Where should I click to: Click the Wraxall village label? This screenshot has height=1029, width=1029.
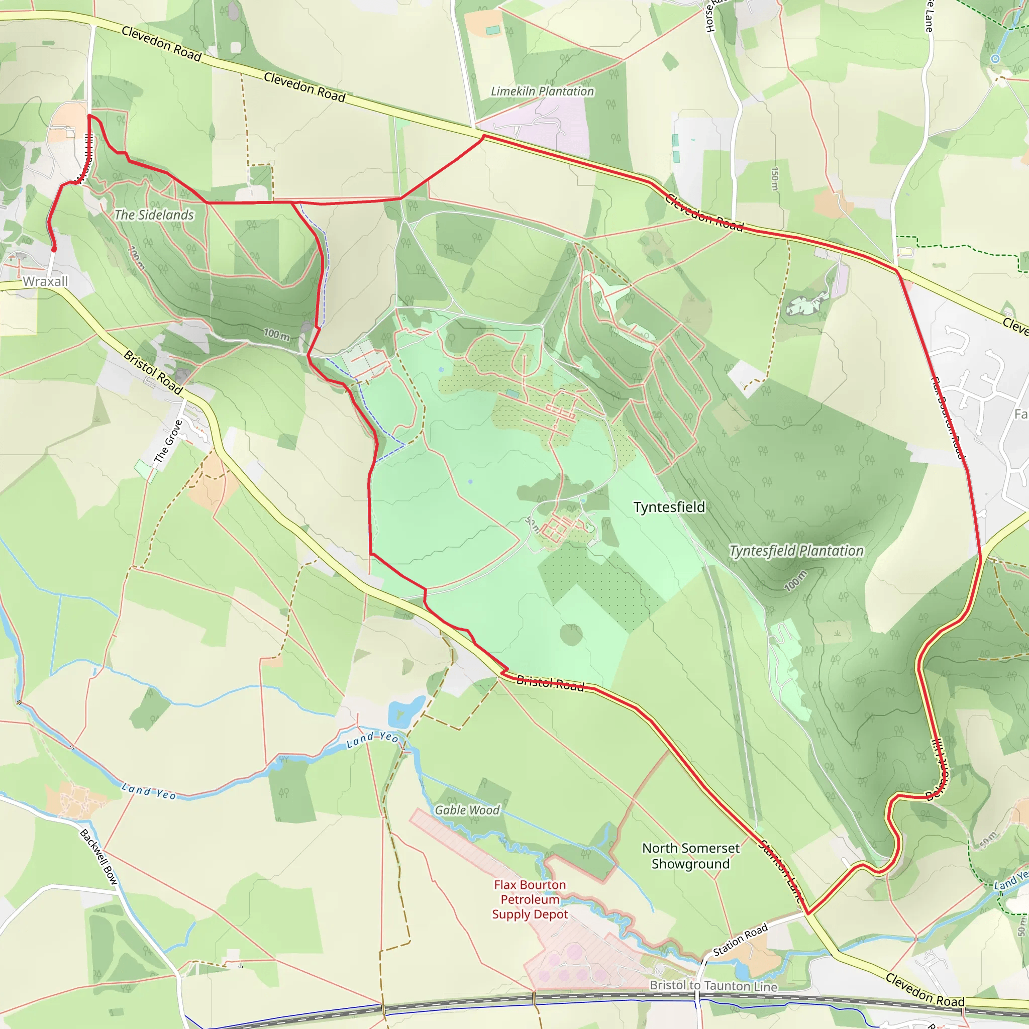45,281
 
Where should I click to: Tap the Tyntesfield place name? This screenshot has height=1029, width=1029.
669,507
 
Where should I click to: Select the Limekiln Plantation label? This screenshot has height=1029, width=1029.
542,91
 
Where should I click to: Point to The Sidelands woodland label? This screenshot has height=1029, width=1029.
154,215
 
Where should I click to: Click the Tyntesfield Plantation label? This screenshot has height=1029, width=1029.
796,551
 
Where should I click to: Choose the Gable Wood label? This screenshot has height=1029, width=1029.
467,810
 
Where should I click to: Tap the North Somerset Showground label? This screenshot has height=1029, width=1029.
691,856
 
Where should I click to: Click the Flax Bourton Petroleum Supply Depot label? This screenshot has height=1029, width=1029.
530,899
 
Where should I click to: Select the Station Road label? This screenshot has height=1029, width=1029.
740,940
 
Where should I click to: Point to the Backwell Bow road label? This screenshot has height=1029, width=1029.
99,857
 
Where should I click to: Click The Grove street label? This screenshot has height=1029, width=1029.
168,441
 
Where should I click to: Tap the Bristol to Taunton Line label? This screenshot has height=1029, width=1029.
713,986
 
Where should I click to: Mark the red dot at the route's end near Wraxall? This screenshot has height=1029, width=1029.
54,249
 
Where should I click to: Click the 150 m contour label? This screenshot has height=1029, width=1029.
775,178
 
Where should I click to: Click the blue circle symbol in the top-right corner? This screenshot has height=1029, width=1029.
995,59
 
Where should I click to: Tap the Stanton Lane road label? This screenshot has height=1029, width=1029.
782,870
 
